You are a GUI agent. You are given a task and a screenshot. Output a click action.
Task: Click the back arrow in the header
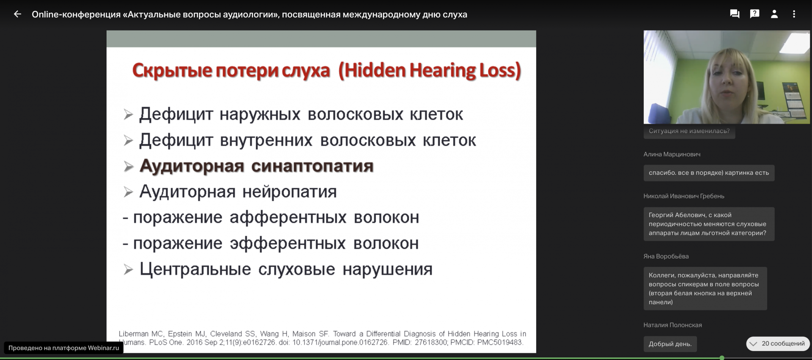[17, 14]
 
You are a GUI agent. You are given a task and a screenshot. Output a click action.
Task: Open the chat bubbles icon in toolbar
[735, 14]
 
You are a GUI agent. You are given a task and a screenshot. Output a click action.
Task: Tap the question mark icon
[754, 14]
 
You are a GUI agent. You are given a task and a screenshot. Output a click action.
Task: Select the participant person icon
[774, 14]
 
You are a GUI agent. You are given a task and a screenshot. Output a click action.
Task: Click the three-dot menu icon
[794, 14]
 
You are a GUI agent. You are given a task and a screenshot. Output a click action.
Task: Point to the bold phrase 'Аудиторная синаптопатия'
[256, 166]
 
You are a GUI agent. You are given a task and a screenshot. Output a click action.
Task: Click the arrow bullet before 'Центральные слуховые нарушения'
[128, 269]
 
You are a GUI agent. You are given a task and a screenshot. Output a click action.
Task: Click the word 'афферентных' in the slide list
[288, 217]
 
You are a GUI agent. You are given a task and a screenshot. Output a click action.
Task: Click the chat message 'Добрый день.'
[670, 344]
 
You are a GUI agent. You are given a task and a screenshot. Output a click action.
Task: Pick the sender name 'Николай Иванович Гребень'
[684, 196]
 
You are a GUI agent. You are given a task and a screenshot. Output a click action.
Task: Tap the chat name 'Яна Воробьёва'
[666, 256]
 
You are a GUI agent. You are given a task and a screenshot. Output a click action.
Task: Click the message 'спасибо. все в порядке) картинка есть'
[709, 173]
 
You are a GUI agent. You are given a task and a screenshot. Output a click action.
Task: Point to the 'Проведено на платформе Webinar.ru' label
[64, 348]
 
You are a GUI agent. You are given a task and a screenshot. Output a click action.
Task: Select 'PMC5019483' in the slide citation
[500, 342]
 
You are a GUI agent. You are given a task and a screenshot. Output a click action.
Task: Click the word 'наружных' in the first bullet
[260, 115]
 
